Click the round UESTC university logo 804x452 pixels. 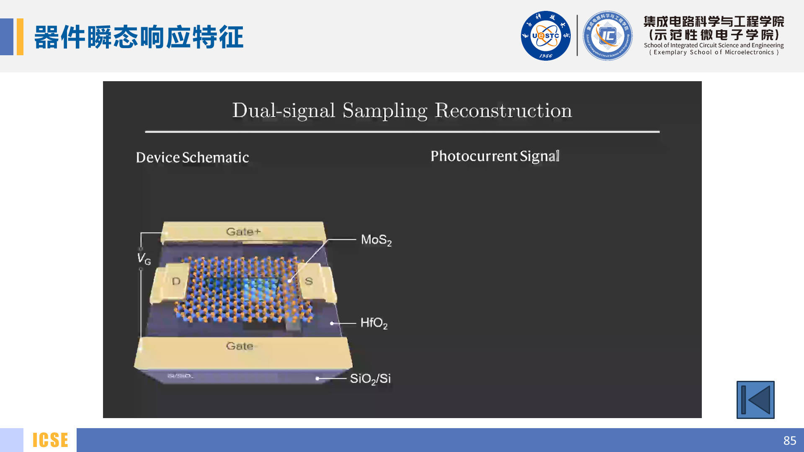click(545, 36)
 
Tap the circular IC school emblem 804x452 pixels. click(607, 36)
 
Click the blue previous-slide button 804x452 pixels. click(755, 400)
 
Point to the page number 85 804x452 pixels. click(789, 440)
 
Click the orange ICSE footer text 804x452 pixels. click(50, 440)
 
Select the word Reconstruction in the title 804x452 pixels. click(503, 111)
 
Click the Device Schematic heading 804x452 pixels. click(192, 157)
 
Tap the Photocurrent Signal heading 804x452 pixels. click(495, 156)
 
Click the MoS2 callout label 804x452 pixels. click(376, 240)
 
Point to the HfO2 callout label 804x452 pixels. click(374, 323)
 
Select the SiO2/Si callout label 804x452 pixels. click(370, 379)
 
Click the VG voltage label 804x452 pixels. click(144, 259)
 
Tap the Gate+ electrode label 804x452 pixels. click(243, 231)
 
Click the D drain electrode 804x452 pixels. click(176, 281)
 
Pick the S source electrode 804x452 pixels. click(309, 281)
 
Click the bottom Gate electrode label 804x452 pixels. click(240, 346)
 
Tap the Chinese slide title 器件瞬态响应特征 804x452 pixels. click(139, 37)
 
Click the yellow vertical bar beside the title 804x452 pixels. click(20, 37)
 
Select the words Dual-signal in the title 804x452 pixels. click(283, 111)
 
